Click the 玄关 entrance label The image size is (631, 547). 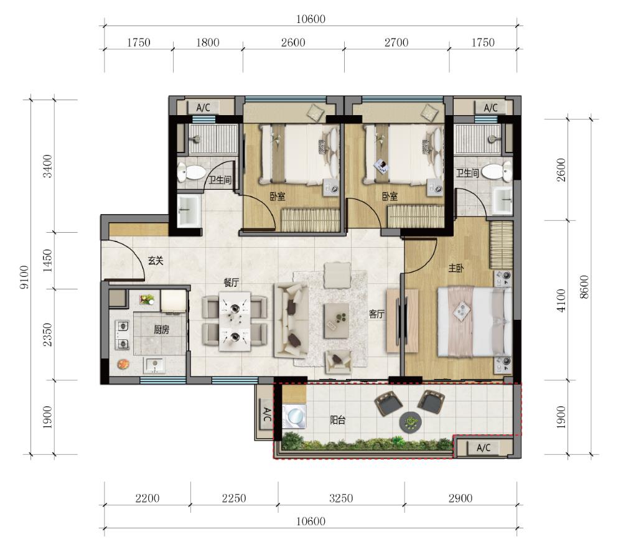pos(156,261)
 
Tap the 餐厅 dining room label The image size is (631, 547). pos(231,283)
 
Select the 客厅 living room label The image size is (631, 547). pos(376,314)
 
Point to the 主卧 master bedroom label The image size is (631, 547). pos(456,268)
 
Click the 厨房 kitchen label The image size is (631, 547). pos(161,330)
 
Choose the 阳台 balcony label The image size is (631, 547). pos(338,421)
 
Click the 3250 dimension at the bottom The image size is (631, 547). pos(341,498)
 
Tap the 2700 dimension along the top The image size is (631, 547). pos(396,42)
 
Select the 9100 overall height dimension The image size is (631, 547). pos(24,278)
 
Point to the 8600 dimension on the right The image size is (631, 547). pos(584,287)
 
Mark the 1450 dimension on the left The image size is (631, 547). pos(47,260)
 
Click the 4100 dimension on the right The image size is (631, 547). pos(561,301)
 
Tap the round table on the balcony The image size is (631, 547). pos(411,422)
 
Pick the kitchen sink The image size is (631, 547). pos(154,365)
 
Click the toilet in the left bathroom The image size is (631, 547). pos(191,172)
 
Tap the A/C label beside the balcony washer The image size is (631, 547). pos(266,414)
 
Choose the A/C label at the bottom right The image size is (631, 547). pos(484,448)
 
